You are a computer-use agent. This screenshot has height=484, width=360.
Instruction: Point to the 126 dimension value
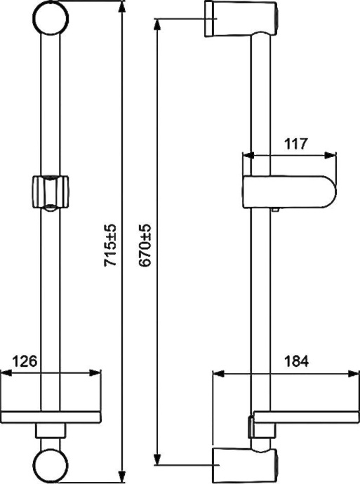click(x=24, y=362)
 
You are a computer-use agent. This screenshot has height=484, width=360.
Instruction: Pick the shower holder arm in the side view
click(x=288, y=193)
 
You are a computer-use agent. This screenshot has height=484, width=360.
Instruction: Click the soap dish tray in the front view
click(x=53, y=415)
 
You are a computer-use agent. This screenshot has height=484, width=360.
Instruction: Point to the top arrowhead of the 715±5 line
click(x=123, y=4)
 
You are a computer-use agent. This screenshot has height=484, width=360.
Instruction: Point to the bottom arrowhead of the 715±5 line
click(x=123, y=479)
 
